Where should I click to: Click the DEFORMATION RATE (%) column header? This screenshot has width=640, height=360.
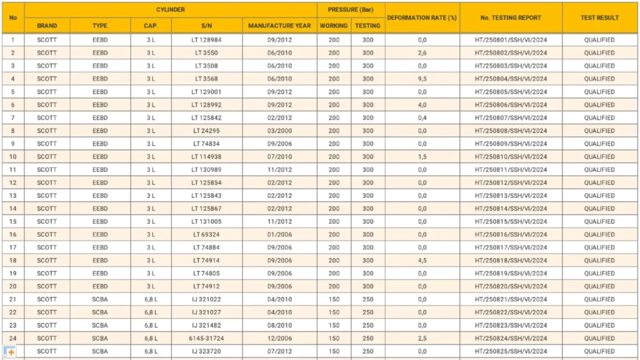coord(422,17)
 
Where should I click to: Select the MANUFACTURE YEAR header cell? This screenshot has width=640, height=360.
coord(279,26)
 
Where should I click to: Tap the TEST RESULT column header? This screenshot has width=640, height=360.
coord(599,17)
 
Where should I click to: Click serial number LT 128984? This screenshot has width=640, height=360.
coord(206,40)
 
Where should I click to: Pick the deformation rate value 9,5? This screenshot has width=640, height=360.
coord(422,79)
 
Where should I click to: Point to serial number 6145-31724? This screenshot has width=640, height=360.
coord(206,338)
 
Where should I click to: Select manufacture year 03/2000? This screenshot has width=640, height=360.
coord(279,131)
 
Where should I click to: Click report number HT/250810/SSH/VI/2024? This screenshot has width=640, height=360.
coord(511,157)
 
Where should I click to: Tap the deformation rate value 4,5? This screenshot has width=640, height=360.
coord(422,261)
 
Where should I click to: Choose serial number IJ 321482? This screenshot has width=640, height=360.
coord(206,325)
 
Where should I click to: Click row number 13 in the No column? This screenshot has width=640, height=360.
coord(12,196)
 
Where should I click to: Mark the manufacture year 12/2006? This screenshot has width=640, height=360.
coord(279,338)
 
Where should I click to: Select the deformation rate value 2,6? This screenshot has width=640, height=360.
coord(422,53)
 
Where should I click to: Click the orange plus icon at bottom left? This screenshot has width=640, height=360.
coord(10,352)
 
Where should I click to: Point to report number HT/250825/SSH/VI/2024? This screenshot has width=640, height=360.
coord(511,351)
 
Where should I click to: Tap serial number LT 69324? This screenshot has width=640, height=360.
coord(206,234)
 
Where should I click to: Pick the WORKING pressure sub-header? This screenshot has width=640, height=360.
coord(334,26)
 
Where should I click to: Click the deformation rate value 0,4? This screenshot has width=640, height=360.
coord(422,117)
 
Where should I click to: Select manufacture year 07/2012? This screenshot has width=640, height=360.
coord(279,351)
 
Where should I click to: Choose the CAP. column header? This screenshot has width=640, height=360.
coord(151,26)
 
